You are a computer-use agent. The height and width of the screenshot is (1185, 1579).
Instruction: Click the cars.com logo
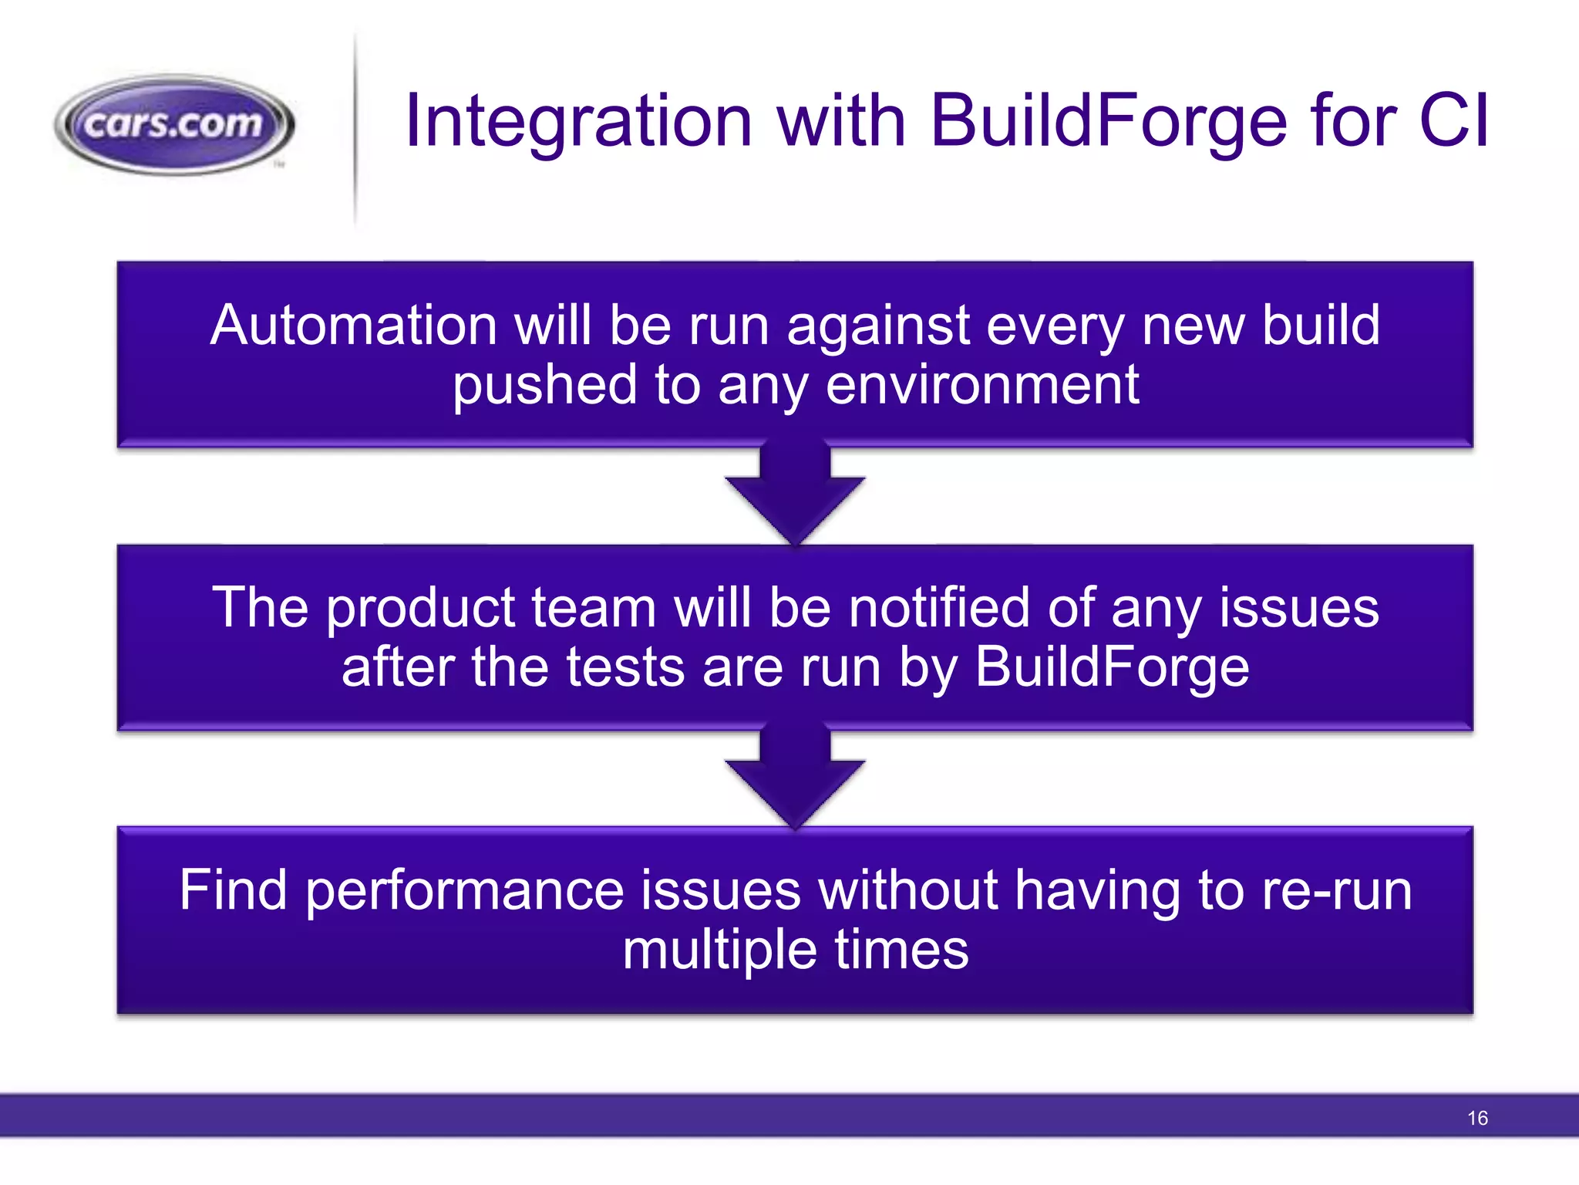pos(174,124)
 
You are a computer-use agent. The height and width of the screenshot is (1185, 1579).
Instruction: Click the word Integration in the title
pos(578,121)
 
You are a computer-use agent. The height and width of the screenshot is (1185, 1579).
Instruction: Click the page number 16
pos(1477,1118)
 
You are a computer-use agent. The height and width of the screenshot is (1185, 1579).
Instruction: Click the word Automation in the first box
pos(353,325)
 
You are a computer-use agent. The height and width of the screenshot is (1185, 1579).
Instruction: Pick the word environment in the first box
pos(982,385)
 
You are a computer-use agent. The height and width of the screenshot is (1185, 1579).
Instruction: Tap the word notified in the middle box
pos(939,608)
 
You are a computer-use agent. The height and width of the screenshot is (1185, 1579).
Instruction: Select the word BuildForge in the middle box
pos(1112,667)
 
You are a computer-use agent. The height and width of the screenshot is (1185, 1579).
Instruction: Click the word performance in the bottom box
pos(465,890)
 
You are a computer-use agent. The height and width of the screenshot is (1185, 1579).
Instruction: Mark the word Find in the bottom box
pos(233,890)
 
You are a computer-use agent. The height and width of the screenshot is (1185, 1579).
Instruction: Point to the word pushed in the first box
pos(544,385)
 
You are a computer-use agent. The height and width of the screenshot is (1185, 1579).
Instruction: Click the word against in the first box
pos(877,326)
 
